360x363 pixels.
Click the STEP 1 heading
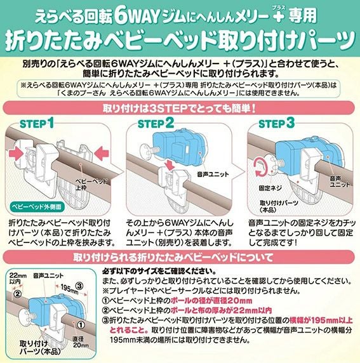click(x=37, y=123)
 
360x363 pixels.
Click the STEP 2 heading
click(x=156, y=123)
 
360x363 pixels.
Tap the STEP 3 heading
click(x=276, y=123)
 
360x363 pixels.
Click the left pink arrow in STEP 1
click(x=16, y=154)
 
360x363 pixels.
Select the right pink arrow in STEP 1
click(x=102, y=154)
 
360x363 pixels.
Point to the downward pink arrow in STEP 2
click(x=171, y=165)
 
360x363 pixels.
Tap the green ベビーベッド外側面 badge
click(x=37, y=206)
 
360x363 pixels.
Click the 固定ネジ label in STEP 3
click(x=270, y=188)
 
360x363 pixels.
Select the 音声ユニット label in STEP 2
click(x=213, y=175)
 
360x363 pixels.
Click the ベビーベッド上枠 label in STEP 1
click(x=91, y=184)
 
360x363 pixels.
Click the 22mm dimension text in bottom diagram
click(x=18, y=275)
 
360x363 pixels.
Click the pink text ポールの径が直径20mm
click(x=211, y=301)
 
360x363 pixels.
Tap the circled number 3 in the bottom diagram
click(x=79, y=286)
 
